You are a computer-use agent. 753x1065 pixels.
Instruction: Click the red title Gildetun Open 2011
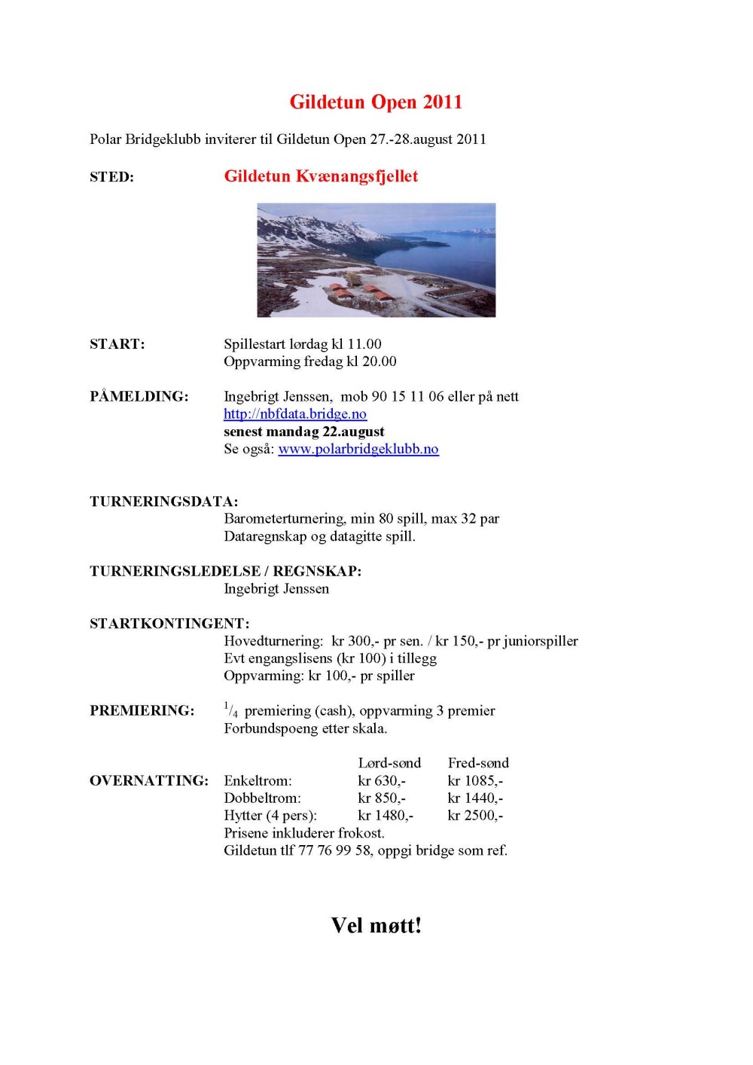(376, 102)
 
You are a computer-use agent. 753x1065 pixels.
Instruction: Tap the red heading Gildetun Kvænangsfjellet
(321, 176)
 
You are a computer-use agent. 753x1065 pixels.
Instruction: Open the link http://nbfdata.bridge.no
(295, 414)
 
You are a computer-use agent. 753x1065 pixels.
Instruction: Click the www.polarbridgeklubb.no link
(358, 449)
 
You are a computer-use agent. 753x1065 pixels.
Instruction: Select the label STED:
(111, 177)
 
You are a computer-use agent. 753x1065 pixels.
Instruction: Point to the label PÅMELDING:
(139, 397)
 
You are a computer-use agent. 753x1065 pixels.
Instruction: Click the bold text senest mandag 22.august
(303, 432)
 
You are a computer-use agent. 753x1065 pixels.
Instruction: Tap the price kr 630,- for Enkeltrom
(382, 781)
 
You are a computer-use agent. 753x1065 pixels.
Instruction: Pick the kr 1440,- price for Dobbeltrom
(475, 798)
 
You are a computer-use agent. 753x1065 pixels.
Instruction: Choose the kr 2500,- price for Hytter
(475, 816)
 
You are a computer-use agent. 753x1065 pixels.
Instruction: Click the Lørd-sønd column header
(389, 763)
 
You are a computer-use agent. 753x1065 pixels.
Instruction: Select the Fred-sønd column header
(478, 763)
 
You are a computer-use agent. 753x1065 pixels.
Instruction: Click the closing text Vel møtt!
(376, 926)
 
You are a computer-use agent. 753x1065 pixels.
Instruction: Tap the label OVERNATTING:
(148, 781)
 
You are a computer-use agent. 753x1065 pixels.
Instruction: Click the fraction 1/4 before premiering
(231, 709)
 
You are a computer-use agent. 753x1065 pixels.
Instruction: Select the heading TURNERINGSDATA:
(163, 502)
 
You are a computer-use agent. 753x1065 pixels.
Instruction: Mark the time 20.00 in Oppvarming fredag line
(379, 362)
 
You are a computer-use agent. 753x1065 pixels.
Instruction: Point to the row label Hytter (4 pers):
(270, 816)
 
